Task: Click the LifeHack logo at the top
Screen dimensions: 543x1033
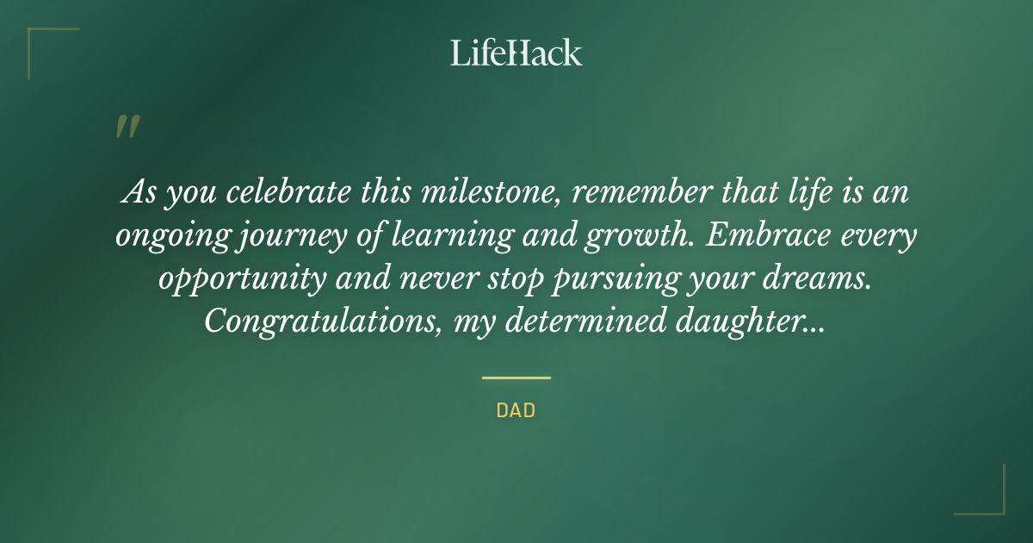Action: [516, 53]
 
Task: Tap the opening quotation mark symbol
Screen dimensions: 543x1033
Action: [127, 128]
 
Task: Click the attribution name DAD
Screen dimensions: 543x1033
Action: [516, 410]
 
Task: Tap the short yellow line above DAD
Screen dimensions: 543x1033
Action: [516, 378]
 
